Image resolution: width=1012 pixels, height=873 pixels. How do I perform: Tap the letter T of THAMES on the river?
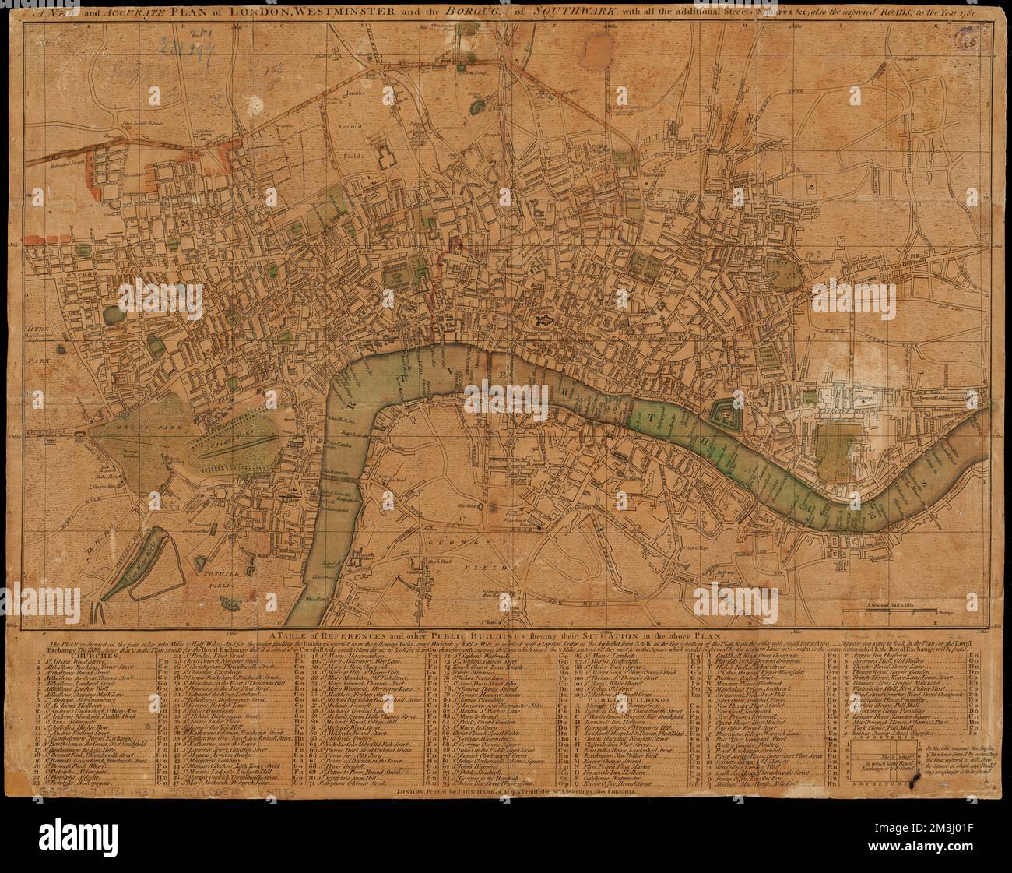tap(652, 417)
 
